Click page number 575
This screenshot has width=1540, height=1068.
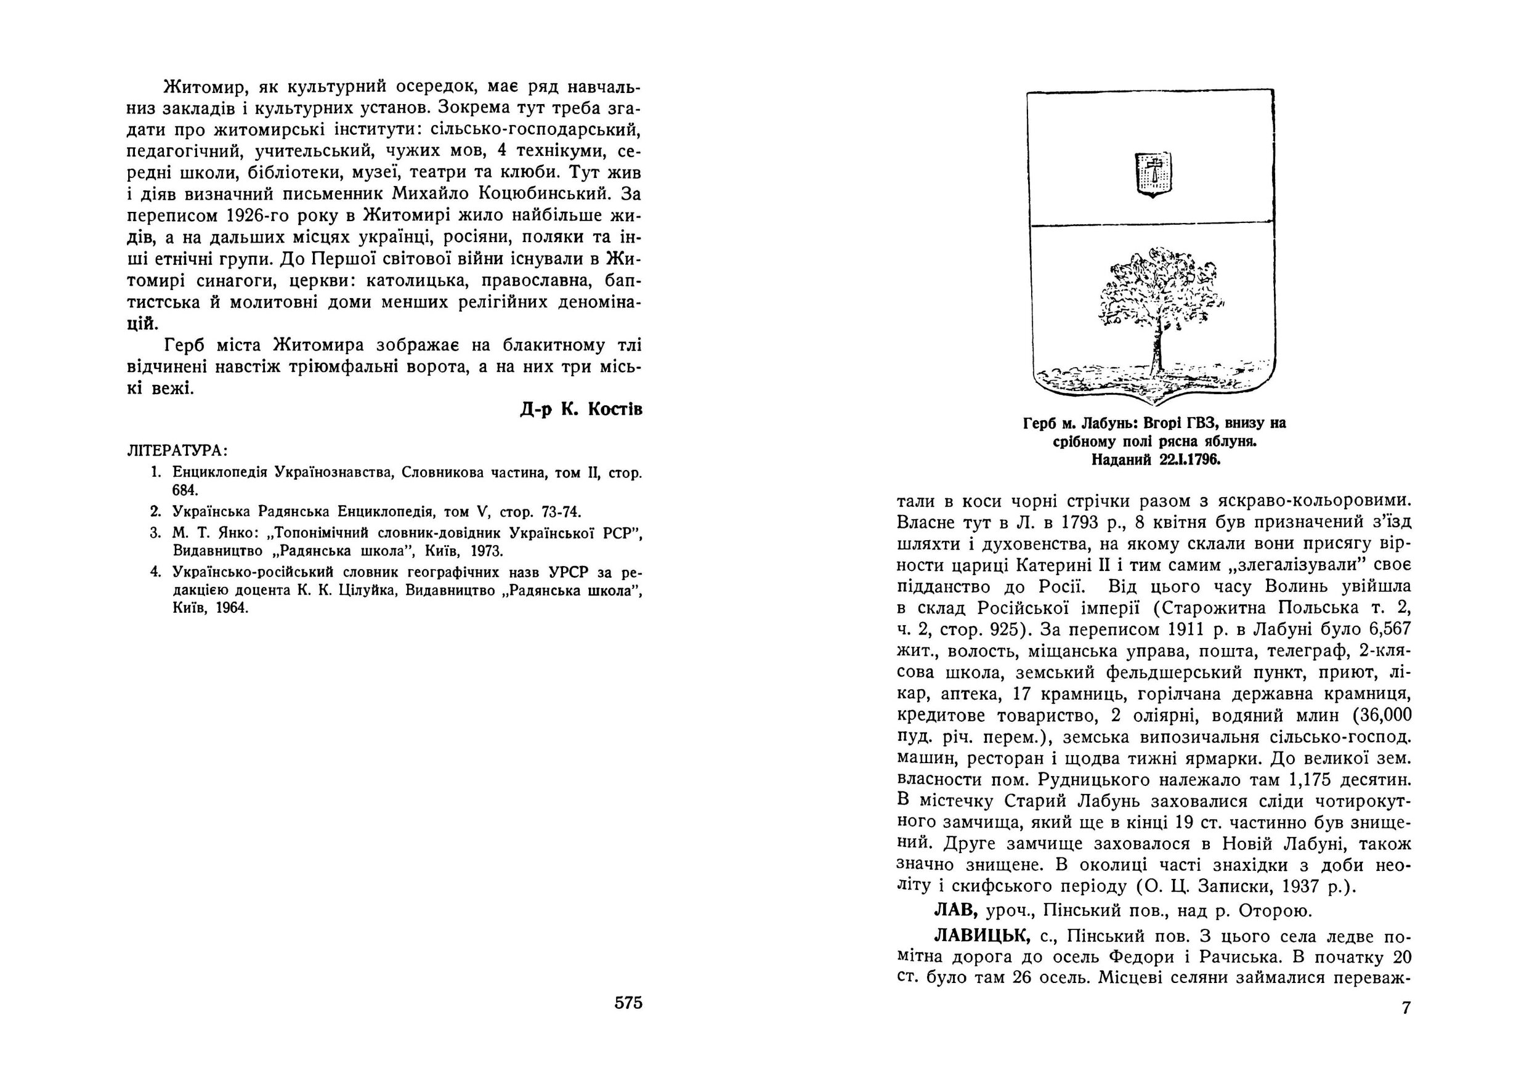pos(628,1003)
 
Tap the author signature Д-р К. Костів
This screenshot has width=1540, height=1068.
pos(581,410)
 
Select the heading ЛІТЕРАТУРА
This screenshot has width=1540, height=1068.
pos(177,450)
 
